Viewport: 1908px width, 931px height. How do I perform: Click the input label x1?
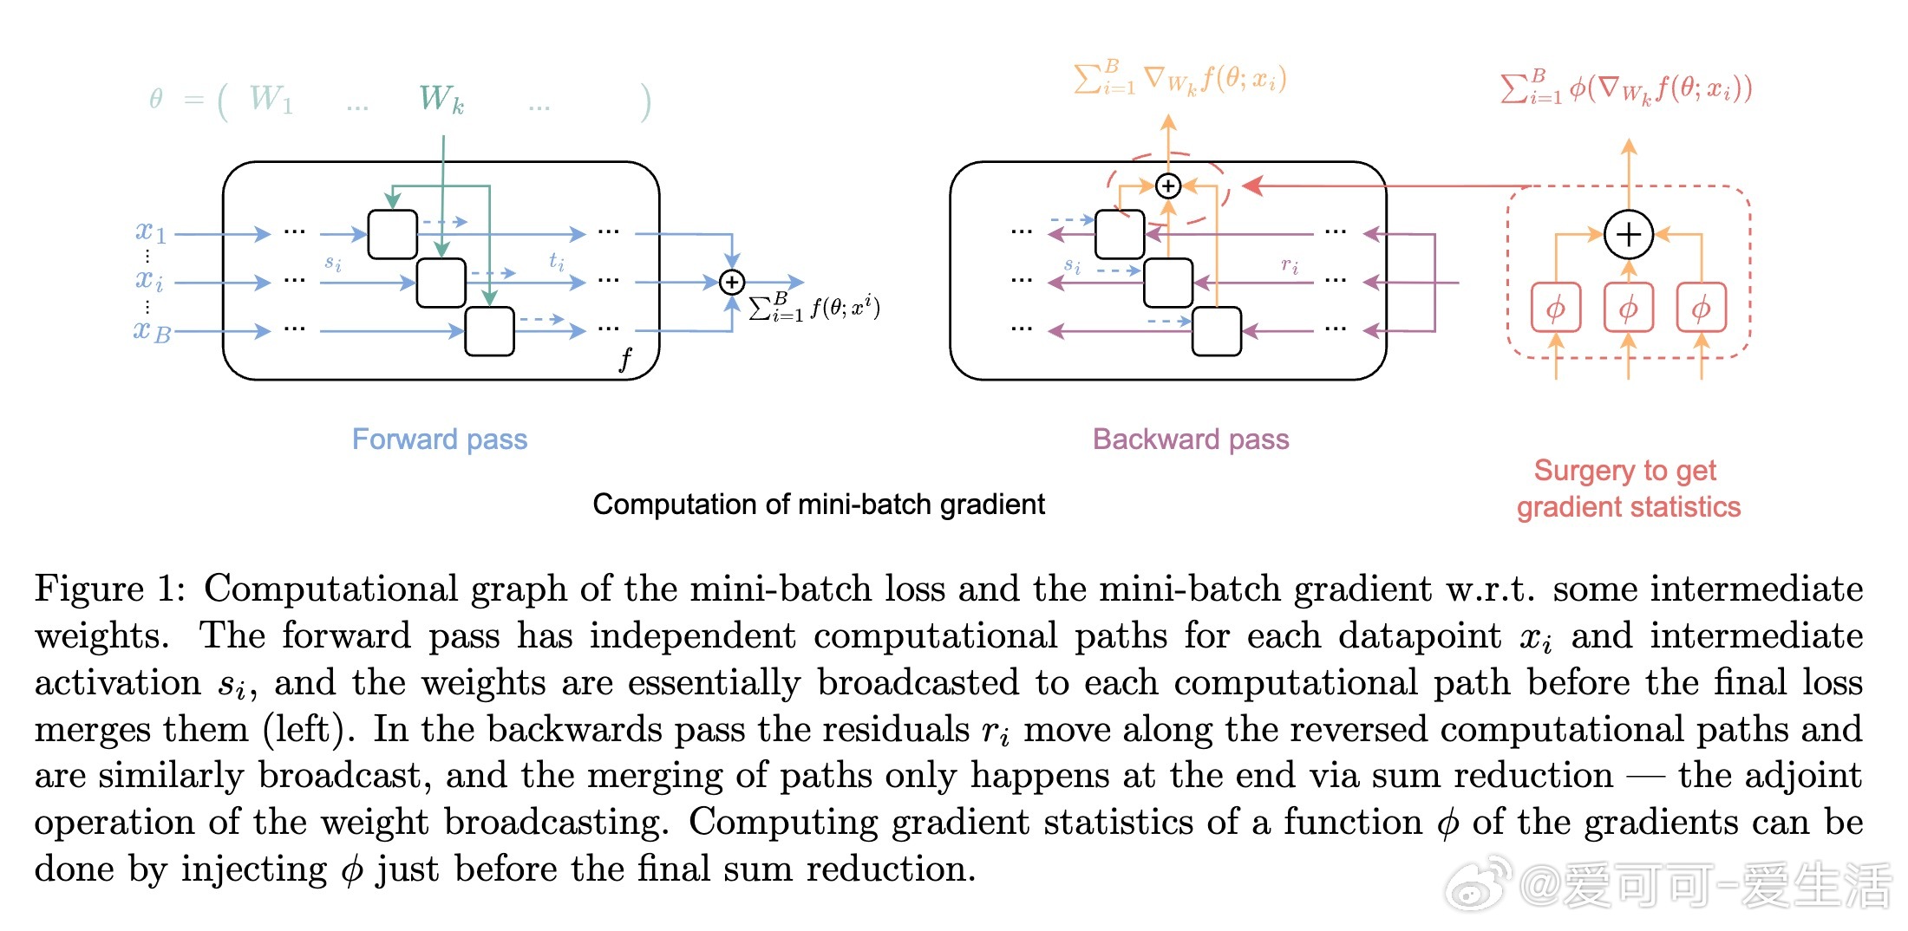(150, 231)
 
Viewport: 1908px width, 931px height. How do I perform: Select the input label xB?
(152, 330)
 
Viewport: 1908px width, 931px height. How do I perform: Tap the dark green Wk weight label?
(441, 99)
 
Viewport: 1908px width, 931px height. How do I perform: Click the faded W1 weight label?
(271, 99)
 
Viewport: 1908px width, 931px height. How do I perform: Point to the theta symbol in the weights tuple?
(156, 99)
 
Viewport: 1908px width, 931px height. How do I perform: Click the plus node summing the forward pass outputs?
(732, 282)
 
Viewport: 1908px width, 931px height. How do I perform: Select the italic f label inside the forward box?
(625, 358)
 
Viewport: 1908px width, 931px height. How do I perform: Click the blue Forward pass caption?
(439, 439)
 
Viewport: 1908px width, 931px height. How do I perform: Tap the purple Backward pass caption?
(1190, 439)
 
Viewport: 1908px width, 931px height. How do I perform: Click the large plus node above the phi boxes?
(1628, 234)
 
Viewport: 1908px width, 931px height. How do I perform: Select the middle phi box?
(1628, 308)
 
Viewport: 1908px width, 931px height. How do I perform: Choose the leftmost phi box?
(1556, 308)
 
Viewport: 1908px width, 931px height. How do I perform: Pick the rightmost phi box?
(1701, 308)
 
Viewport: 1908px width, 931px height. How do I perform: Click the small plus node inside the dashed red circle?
(1168, 186)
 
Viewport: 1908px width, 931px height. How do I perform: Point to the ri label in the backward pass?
(1290, 265)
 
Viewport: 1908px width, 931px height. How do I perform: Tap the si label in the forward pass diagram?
(333, 263)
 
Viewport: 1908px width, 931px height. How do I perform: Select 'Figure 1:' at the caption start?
(109, 589)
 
